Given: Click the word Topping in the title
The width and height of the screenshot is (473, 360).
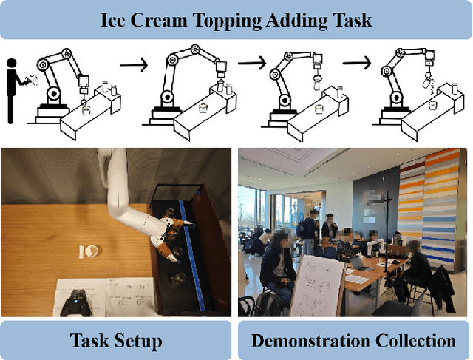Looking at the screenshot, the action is (x=227, y=21).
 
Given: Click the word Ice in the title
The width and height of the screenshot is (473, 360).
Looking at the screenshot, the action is (x=112, y=20).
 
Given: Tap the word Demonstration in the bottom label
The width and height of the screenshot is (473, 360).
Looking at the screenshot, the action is (x=311, y=340).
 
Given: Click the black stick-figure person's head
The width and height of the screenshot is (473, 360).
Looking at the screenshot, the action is (x=12, y=63).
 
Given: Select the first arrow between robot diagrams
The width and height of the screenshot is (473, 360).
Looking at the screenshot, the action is (x=134, y=64).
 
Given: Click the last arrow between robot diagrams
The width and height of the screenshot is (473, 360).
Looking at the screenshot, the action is (x=356, y=63).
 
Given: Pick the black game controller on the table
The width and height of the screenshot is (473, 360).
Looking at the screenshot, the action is (x=76, y=302).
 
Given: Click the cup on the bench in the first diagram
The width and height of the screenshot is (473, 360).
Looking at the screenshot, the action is (x=86, y=109).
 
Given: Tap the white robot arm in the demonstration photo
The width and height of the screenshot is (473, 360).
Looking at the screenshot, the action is (x=375, y=245).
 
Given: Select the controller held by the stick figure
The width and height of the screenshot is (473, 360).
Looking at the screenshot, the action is (x=31, y=80).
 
